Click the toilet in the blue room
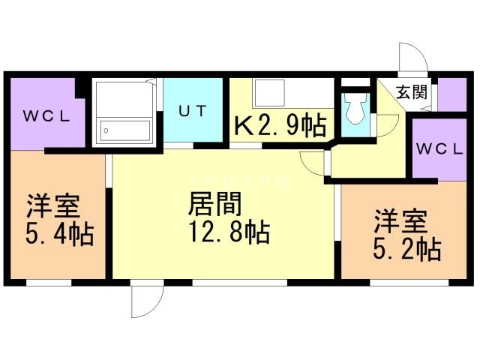coord(355,108)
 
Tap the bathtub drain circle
coord(106,130)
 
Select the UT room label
coord(192,111)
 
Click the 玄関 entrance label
coord(412,91)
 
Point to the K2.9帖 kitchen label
coord(280,125)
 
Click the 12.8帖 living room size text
coord(229,232)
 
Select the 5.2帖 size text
coord(406,249)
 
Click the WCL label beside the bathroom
coord(46,116)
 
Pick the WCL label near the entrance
coord(439,149)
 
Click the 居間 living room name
coord(215,203)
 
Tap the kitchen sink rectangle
coord(269,93)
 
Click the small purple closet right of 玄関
coord(451,94)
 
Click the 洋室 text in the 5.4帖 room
coord(53,205)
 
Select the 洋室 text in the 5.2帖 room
coord(400,221)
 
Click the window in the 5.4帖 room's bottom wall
coord(49,283)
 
